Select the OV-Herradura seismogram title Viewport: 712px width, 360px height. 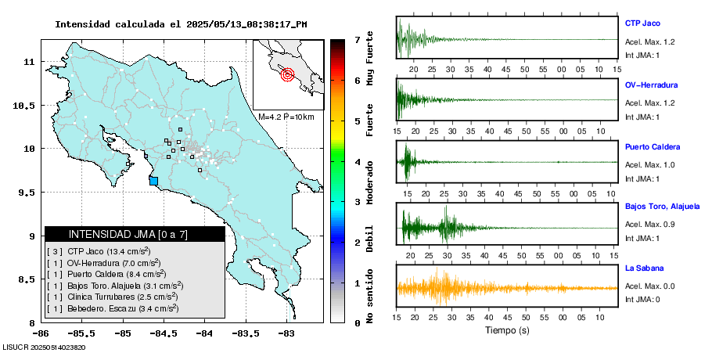point(651,85)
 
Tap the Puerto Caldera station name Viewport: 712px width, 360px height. point(653,146)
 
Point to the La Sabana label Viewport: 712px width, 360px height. point(644,268)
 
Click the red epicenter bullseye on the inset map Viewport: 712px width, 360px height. point(287,75)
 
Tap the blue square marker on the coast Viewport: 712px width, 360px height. point(153,181)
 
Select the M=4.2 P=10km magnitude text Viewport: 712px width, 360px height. point(286,117)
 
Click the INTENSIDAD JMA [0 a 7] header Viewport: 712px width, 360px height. point(135,234)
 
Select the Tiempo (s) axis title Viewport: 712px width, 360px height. point(506,330)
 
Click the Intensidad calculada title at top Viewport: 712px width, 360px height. point(181,24)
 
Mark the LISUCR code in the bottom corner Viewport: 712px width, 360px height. point(44,347)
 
